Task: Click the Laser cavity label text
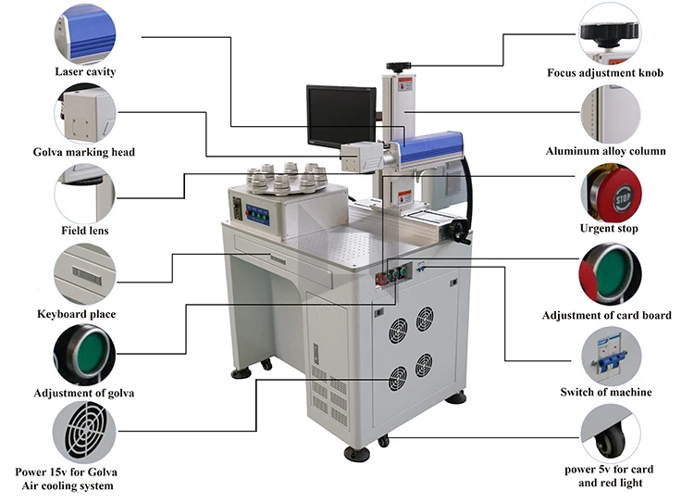(x=85, y=71)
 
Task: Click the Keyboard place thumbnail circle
(x=85, y=273)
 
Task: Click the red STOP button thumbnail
(x=610, y=195)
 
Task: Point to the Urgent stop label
(x=609, y=228)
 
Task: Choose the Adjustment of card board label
(x=607, y=316)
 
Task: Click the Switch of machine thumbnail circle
(x=610, y=356)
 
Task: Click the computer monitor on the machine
(x=341, y=116)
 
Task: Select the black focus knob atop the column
(x=399, y=66)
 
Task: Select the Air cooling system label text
(x=71, y=485)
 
